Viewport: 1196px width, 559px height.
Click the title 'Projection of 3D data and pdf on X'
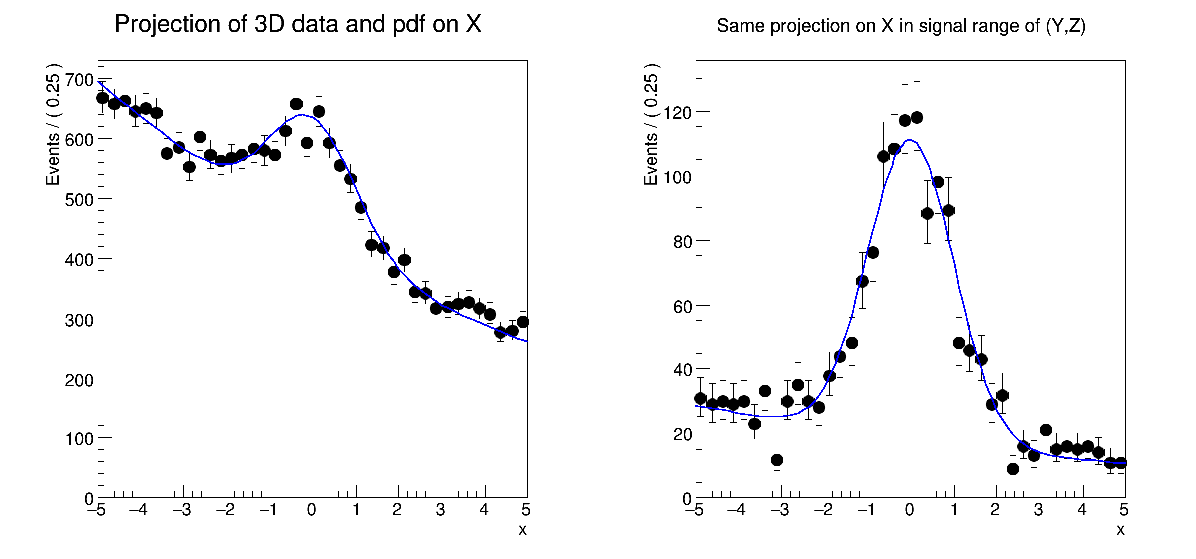click(x=297, y=24)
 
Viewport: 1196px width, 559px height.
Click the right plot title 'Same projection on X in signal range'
click(x=901, y=26)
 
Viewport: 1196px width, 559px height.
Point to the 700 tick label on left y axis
click(x=79, y=80)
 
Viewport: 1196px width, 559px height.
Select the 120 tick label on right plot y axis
click(x=677, y=113)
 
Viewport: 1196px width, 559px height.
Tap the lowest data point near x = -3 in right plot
click(x=777, y=460)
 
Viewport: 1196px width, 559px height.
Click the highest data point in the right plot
click(x=917, y=117)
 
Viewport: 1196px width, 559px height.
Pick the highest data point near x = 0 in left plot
click(x=296, y=104)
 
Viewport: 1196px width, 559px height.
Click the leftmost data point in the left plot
click(x=102, y=98)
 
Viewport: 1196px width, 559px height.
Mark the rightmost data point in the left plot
click(x=523, y=322)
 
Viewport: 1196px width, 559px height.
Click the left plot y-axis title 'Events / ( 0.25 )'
click(x=53, y=124)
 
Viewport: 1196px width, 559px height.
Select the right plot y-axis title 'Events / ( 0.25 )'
click(x=651, y=124)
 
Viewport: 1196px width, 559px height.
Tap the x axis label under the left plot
click(x=522, y=530)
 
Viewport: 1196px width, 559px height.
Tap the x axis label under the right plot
click(x=1120, y=530)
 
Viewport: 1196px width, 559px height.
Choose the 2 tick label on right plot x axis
click(x=995, y=510)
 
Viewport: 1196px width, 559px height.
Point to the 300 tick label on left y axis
click(x=79, y=320)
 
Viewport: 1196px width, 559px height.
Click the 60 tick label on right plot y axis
click(x=682, y=307)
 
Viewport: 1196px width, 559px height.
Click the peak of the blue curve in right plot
click(x=910, y=140)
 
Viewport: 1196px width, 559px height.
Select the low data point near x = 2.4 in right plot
click(x=1013, y=469)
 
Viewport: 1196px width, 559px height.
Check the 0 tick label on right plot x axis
click(x=910, y=510)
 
